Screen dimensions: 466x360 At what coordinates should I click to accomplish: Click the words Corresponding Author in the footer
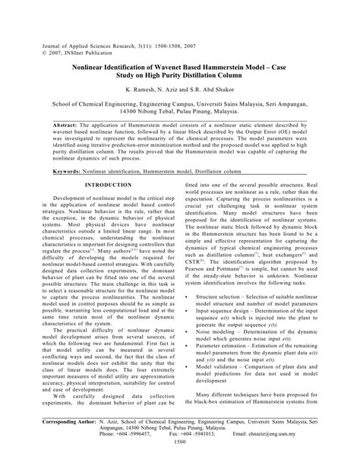[x=65, y=419]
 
